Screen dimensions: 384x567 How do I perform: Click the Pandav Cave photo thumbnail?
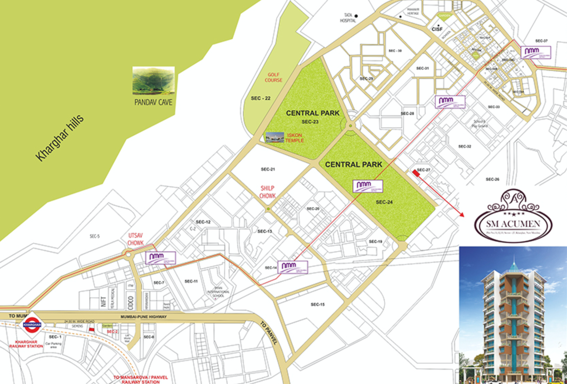[x=153, y=81]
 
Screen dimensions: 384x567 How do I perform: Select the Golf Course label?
[x=274, y=77]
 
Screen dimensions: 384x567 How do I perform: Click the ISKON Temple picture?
[x=275, y=137]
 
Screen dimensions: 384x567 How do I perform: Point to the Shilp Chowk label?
[x=268, y=192]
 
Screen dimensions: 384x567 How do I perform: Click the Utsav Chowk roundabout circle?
[x=128, y=254]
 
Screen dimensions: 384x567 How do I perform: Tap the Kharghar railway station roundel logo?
[x=32, y=325]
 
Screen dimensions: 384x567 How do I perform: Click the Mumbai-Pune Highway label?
[x=144, y=317]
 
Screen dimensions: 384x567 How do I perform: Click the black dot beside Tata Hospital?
[x=356, y=16]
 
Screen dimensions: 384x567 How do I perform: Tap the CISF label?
[x=437, y=29]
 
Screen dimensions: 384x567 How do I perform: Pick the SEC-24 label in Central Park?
[x=384, y=202]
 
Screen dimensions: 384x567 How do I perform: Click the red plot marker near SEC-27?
[x=416, y=173]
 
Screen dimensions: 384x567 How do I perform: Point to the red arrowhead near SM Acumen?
[x=462, y=215]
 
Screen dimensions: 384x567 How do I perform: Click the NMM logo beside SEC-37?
[x=536, y=52]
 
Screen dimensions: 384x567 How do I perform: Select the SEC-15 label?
[x=318, y=304]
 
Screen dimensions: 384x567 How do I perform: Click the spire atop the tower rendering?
[x=514, y=261]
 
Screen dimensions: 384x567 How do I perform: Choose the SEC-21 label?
[x=268, y=169]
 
